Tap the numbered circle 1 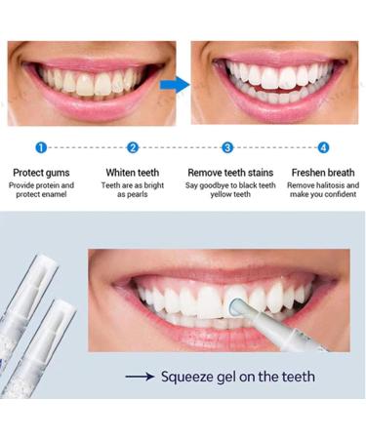[x=41, y=147]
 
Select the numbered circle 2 [x=133, y=147]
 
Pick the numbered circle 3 [x=227, y=147]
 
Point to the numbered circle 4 [x=323, y=147]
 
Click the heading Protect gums [x=41, y=172]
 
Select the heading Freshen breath [x=324, y=172]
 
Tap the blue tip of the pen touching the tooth [x=231, y=307]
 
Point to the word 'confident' [x=337, y=194]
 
